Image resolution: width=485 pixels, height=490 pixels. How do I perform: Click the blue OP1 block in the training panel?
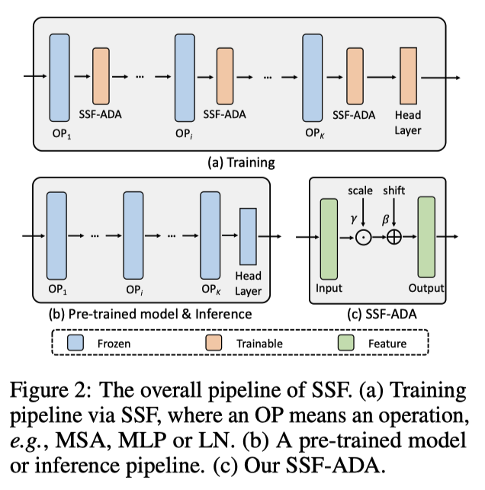60,77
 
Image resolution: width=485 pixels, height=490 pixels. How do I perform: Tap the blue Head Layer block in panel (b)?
249,235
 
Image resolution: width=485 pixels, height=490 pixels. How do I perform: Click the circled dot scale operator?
363,237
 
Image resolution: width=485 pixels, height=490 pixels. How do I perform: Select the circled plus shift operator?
394,237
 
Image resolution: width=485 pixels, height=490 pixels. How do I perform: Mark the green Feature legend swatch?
346,343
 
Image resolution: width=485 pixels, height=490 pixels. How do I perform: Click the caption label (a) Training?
241,162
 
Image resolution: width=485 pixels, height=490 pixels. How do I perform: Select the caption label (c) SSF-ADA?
388,312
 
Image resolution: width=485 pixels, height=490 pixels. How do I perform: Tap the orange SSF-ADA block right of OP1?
103,76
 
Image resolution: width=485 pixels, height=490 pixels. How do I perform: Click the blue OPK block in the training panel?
312,77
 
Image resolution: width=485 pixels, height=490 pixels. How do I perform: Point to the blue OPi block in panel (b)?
133,235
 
